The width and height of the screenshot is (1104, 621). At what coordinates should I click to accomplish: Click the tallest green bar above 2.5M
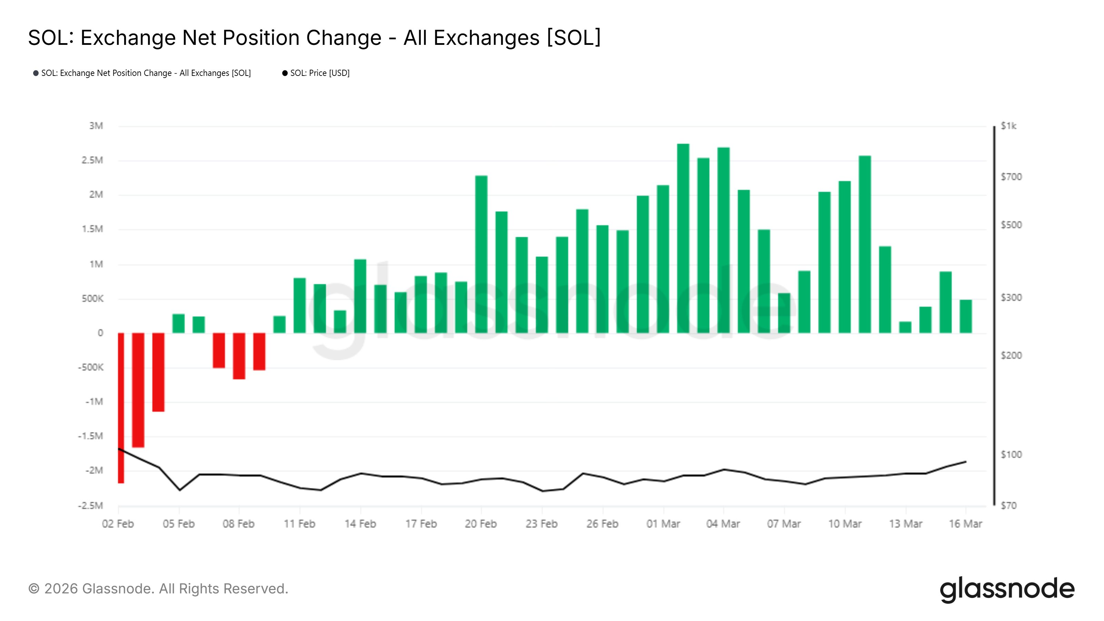pyautogui.click(x=683, y=238)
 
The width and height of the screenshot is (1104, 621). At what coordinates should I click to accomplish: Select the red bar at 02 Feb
pyautogui.click(x=121, y=407)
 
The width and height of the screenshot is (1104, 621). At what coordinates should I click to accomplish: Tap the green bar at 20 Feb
pyautogui.click(x=481, y=254)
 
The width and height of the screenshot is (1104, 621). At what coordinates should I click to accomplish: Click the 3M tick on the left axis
pyautogui.click(x=96, y=126)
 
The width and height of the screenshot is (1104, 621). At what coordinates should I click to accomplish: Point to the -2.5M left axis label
pyautogui.click(x=90, y=506)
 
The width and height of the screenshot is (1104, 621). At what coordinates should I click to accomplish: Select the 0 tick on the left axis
pyautogui.click(x=100, y=333)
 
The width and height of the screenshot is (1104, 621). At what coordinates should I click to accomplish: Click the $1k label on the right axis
pyautogui.click(x=1008, y=126)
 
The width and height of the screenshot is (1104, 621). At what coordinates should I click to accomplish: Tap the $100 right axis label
pyautogui.click(x=1011, y=454)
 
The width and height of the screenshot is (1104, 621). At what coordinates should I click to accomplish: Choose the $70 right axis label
pyautogui.click(x=1008, y=506)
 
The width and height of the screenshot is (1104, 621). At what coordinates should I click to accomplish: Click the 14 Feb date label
pyautogui.click(x=360, y=524)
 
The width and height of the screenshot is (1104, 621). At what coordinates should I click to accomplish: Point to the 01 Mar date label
pyautogui.click(x=663, y=524)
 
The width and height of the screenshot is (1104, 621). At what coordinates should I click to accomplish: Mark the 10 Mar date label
pyautogui.click(x=845, y=524)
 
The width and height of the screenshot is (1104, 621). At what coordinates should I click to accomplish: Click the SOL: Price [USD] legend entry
pyautogui.click(x=319, y=73)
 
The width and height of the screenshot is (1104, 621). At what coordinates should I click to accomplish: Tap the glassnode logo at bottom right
pyautogui.click(x=1007, y=589)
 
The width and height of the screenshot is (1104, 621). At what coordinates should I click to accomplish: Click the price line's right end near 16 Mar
pyautogui.click(x=966, y=462)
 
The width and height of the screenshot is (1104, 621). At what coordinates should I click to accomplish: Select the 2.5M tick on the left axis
pyautogui.click(x=92, y=160)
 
